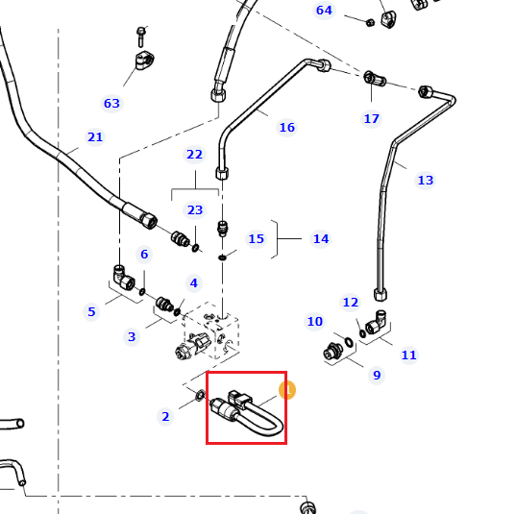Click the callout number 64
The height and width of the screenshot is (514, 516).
click(324, 11)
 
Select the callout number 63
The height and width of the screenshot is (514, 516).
click(111, 104)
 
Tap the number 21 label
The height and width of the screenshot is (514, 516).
click(95, 136)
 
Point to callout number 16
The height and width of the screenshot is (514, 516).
click(287, 127)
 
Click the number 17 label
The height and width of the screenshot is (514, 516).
click(372, 118)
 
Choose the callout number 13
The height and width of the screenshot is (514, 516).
click(425, 180)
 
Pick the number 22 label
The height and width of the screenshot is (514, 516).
click(194, 154)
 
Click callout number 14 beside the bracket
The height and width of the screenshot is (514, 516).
click(321, 238)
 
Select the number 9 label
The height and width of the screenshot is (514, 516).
click(377, 375)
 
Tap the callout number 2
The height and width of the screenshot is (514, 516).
click(165, 417)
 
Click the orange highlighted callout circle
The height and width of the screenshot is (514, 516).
click(287, 390)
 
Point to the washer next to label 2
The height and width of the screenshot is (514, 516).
click(200, 395)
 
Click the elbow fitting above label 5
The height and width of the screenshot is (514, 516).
click(124, 278)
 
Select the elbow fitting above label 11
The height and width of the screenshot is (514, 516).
click(376, 322)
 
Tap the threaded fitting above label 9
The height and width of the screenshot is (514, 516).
click(332, 352)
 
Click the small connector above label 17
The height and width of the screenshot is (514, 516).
click(375, 79)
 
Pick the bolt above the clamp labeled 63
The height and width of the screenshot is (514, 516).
click(141, 37)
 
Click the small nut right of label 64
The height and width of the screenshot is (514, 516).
click(370, 22)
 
